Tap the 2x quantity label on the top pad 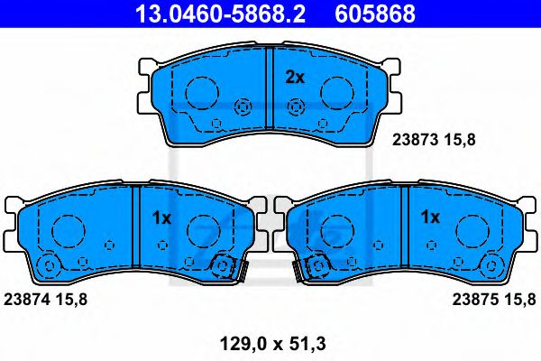(295, 78)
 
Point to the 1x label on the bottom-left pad (161, 218)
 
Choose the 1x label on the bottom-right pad (430, 218)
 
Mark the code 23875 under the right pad (473, 298)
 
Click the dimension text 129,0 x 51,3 (271, 342)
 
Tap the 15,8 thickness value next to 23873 (463, 139)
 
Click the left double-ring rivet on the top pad (242, 107)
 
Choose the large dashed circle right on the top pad (336, 92)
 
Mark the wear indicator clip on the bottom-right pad (318, 267)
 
